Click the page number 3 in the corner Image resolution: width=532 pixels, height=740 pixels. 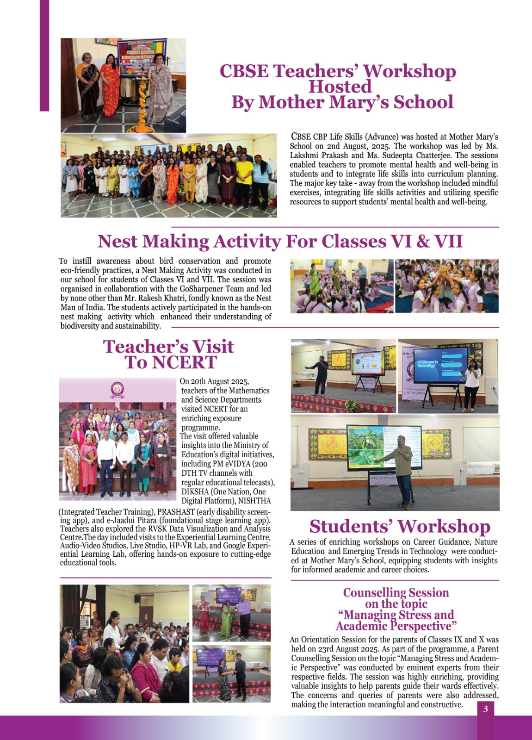pyautogui.click(x=485, y=709)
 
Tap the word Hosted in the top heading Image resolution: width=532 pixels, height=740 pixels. pyautogui.click(x=340, y=87)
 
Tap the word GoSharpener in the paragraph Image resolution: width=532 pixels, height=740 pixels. pyautogui.click(x=202, y=289)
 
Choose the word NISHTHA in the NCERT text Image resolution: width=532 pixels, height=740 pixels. pyautogui.click(x=254, y=501)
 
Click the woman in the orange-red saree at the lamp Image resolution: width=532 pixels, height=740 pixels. pyautogui.click(x=110, y=88)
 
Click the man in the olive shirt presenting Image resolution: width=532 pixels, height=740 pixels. pyautogui.click(x=401, y=467)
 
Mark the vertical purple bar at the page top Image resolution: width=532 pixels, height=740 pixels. pyautogui.click(x=44, y=56)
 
